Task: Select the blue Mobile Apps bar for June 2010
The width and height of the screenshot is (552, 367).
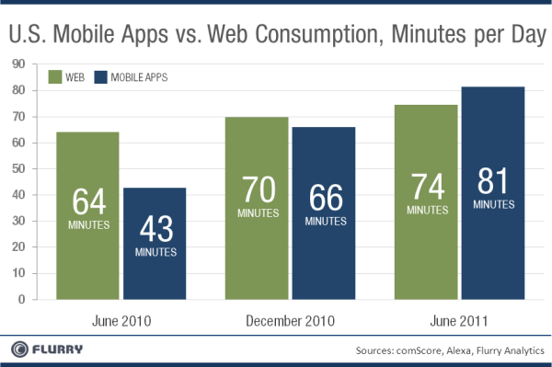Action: pyautogui.click(x=154, y=244)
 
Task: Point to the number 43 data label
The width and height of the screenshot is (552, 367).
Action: pyautogui.click(x=154, y=229)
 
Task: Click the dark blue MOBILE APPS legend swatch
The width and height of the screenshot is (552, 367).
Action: pyautogui.click(x=105, y=77)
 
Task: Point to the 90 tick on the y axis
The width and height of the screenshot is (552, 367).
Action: pyautogui.click(x=17, y=64)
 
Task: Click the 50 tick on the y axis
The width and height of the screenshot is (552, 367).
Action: pyautogui.click(x=17, y=169)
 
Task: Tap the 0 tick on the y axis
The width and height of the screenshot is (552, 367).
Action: pyautogui.click(x=20, y=300)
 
